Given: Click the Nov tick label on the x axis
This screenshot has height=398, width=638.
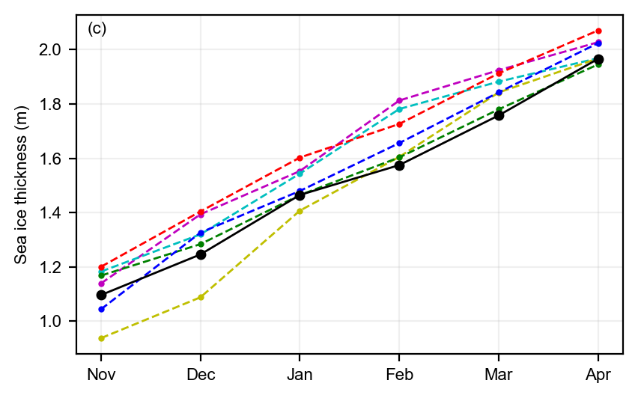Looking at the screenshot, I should coord(101,373).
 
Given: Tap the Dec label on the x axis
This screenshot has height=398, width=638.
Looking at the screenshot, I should coord(201,373).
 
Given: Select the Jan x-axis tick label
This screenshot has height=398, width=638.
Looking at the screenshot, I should coord(300,373).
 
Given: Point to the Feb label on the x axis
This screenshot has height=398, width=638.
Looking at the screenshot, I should coord(399,373).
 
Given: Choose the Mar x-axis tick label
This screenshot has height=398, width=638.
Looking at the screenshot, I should coord(499,373).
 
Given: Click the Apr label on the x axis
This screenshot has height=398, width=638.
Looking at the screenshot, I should coord(598,373).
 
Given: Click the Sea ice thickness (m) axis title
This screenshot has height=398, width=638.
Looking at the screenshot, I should coord(22,185).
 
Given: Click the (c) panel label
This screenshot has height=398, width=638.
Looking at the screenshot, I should coord(97,29).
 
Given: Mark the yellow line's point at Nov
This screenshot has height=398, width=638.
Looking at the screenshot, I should coord(101,338).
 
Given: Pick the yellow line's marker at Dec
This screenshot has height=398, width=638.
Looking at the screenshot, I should coord(201,297).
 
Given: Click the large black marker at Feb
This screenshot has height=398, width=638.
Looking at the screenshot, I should coord(399,165).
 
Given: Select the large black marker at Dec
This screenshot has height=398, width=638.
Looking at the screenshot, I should coord(201,254).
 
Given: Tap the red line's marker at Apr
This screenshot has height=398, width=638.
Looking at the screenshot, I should coord(598,31).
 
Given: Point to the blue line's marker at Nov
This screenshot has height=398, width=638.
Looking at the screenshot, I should coord(101,309).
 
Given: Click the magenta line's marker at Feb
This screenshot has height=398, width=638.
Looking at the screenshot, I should coord(399,100).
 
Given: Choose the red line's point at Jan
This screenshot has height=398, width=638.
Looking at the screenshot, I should coord(300,158).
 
